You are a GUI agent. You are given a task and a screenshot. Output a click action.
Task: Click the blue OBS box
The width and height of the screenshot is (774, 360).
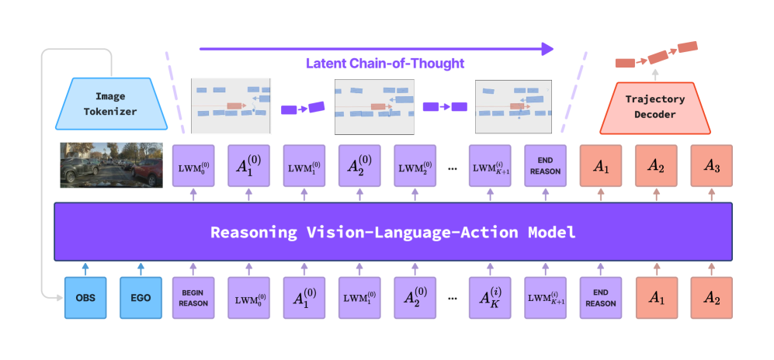click(x=85, y=298)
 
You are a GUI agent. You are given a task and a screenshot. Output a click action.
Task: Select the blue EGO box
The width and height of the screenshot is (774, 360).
click(x=140, y=298)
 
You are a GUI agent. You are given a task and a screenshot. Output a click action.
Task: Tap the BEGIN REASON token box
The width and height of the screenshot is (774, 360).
click(x=193, y=298)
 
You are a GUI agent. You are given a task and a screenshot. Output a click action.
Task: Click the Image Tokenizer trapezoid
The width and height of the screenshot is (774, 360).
click(x=110, y=103)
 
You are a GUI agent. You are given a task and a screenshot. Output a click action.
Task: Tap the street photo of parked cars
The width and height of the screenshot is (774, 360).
click(x=112, y=165)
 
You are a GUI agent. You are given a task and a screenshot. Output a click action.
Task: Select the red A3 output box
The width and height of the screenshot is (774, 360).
click(x=712, y=165)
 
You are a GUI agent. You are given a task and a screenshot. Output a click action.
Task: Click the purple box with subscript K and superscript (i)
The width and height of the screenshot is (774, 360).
click(x=490, y=298)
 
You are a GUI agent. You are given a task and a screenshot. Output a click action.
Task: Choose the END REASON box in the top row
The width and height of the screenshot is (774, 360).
click(x=545, y=165)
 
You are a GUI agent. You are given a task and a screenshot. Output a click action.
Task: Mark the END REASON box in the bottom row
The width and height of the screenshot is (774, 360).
click(x=601, y=298)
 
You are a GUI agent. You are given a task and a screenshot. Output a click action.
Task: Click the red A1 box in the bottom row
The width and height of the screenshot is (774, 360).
click(x=656, y=298)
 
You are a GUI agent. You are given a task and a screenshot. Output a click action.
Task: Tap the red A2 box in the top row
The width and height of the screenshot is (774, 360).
click(x=656, y=165)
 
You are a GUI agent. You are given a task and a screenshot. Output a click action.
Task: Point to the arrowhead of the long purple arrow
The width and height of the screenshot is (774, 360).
click(x=548, y=49)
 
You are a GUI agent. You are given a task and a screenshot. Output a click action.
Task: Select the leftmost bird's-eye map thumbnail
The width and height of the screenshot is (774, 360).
click(x=231, y=106)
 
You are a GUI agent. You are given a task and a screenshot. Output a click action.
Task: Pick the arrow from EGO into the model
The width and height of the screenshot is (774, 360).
click(x=140, y=268)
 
